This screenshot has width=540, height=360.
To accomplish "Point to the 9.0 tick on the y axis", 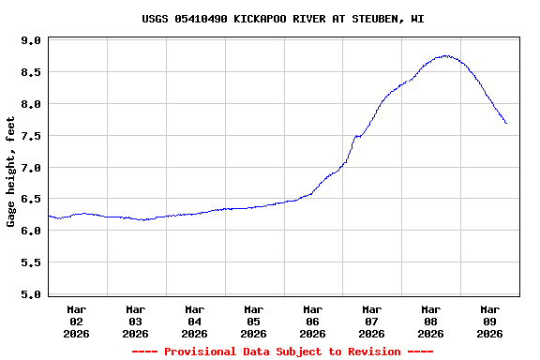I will [x=31, y=41].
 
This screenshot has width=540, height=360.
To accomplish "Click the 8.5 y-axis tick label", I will [x=31, y=72].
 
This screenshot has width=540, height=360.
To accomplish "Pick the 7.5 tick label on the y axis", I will [x=31, y=136].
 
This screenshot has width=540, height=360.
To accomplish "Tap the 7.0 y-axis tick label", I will [x=31, y=168].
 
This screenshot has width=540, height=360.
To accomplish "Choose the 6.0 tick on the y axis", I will [x=31, y=231].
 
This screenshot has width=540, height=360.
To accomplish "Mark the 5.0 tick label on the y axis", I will [x=31, y=294].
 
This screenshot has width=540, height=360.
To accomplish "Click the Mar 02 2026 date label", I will [x=77, y=321].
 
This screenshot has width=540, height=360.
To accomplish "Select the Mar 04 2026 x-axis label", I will [x=195, y=321].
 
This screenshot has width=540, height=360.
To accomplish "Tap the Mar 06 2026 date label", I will [x=313, y=321].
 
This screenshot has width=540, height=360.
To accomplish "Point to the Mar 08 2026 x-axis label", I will [x=431, y=321].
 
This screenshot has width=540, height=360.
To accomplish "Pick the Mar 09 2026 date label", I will [x=489, y=321].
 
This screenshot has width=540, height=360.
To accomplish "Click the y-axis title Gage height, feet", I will [x=11, y=172].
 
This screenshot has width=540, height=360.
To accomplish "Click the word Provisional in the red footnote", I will [x=198, y=352].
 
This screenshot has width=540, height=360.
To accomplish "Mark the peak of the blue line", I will [x=447, y=56].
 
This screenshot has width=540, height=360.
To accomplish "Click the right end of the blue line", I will [x=506, y=123].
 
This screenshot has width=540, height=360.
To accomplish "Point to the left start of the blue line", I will [x=49, y=216].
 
